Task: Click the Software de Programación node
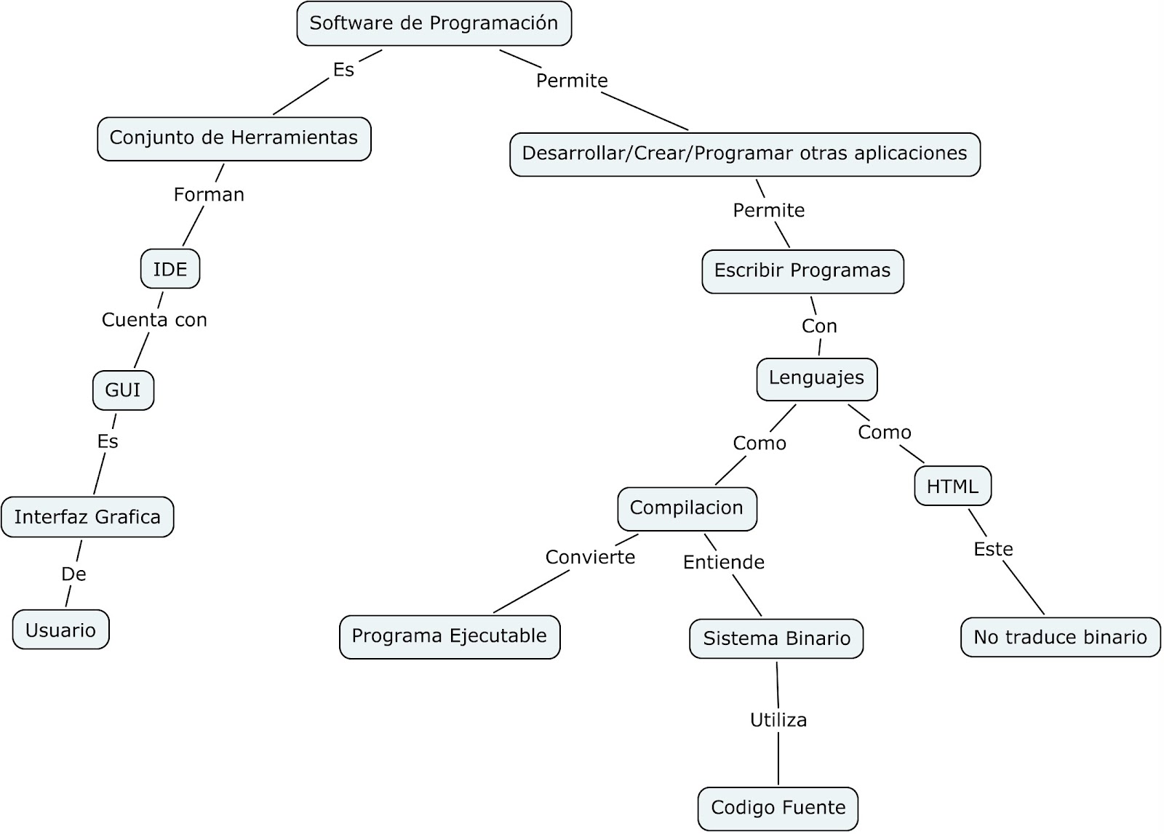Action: (x=434, y=23)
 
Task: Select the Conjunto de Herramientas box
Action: (x=234, y=138)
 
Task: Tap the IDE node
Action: (x=170, y=269)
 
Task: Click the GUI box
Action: (x=123, y=390)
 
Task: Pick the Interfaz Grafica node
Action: (x=87, y=517)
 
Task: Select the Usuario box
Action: (x=60, y=630)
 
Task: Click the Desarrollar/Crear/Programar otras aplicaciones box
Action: (x=744, y=154)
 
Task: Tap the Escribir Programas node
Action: (x=802, y=271)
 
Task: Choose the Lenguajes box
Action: (x=816, y=378)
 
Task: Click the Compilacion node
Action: (x=686, y=508)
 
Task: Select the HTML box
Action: (x=952, y=486)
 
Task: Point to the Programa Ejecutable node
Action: (x=449, y=636)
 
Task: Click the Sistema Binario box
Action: (x=776, y=638)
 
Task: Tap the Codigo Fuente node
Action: (x=778, y=808)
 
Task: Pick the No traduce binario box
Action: (x=1060, y=638)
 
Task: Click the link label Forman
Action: (x=209, y=195)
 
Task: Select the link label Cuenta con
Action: (x=154, y=320)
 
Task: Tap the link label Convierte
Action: (x=590, y=558)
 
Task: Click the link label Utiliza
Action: (x=778, y=721)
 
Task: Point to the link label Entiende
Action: (x=723, y=562)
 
